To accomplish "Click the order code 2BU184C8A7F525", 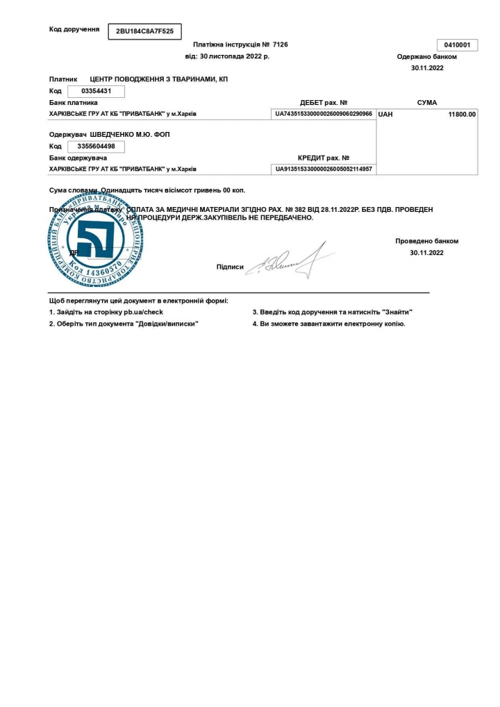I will pos(144,31).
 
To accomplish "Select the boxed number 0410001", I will pos(457,45).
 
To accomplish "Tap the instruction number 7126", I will pos(281,44).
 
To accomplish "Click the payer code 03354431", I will pos(96,91).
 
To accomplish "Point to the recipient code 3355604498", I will pos(96,146).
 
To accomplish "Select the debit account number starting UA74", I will pos(324,113).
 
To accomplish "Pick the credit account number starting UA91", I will pos(324,169).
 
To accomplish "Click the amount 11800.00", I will pos(462,114).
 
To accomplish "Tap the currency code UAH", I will pos(385,114).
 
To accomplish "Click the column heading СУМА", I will pos(427,103).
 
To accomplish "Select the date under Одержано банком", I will pos(427,68).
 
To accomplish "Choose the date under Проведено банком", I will pos(427,253).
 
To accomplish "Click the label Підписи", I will pos(230,267).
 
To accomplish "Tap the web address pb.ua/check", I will pos(144,312).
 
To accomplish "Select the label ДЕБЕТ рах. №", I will pos(324,103).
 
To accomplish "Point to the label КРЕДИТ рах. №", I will pos(324,158).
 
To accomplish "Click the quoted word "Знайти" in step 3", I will pos(397,312).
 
